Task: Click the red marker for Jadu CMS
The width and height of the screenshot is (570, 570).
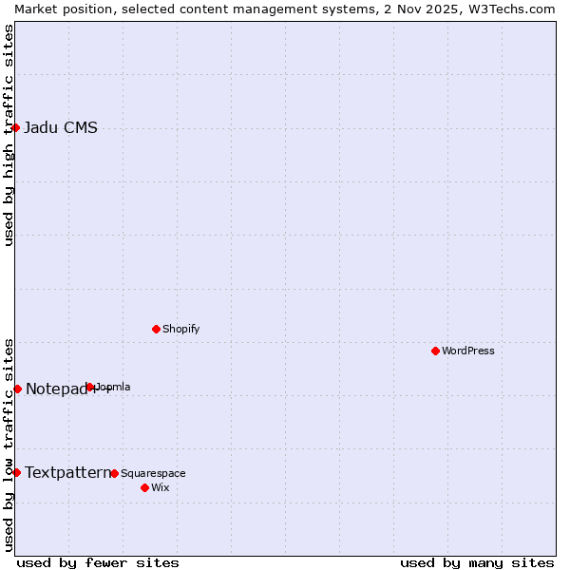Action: point(16,127)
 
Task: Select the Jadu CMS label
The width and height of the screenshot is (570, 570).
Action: point(60,128)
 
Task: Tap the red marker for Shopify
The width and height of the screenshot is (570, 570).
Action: point(156,329)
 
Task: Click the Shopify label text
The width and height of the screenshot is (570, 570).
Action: point(180,330)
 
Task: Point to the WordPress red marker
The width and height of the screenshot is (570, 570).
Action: point(435,351)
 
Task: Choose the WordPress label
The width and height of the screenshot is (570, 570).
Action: point(467,351)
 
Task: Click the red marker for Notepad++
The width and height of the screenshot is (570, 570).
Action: point(17,389)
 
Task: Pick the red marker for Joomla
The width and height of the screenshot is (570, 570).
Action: point(90,387)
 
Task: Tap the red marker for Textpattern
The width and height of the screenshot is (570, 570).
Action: point(16,472)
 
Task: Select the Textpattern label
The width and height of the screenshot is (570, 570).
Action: point(66,472)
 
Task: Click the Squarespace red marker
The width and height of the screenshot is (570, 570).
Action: point(114,473)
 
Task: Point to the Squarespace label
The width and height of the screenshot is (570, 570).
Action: point(153,474)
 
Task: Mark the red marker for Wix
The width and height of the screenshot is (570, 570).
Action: point(144,487)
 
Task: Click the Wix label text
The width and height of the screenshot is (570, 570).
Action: point(160,488)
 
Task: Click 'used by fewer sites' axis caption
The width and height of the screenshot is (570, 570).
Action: point(98,562)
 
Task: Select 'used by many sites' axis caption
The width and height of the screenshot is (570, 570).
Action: point(477,562)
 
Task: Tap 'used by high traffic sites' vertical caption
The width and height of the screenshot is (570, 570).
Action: point(9,135)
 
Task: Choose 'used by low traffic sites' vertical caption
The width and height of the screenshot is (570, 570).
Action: point(9,445)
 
